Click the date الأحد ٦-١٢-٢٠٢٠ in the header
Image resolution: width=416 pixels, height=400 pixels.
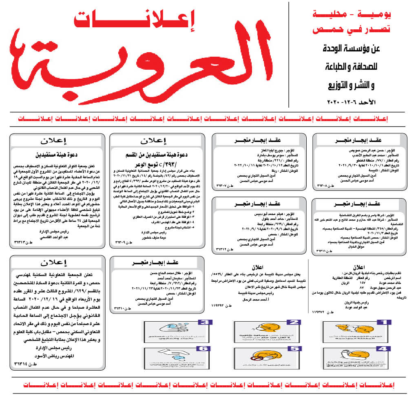[354, 101]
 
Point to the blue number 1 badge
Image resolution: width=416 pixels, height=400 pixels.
[382, 322]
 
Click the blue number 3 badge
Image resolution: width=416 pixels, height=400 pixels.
[203, 322]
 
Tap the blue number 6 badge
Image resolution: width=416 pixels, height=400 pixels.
[203, 349]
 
